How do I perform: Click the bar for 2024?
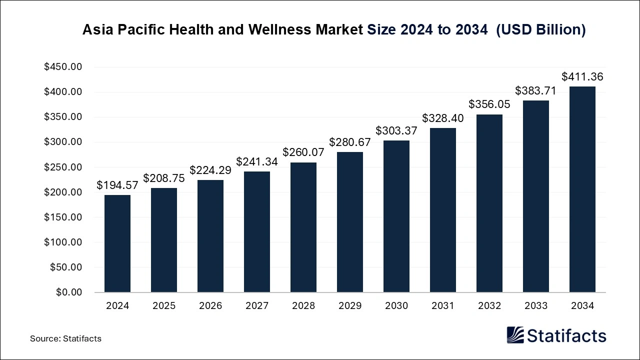pyautogui.click(x=117, y=243)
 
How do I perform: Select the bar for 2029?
pyautogui.click(x=350, y=222)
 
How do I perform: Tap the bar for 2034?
pyautogui.click(x=582, y=189)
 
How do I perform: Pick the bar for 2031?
pyautogui.click(x=443, y=210)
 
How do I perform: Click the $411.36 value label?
pyautogui.click(x=582, y=77)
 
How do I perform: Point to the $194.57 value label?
pyautogui.click(x=117, y=185)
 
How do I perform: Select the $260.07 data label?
pyautogui.click(x=303, y=152)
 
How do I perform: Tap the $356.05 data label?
pyautogui.click(x=489, y=104)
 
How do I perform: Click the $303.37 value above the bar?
pyautogui.click(x=396, y=131)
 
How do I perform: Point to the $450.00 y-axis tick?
pyautogui.click(x=63, y=67)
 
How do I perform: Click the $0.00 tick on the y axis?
pyautogui.click(x=68, y=292)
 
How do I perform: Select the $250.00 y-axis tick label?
pyautogui.click(x=63, y=167)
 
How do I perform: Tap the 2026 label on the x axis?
pyautogui.click(x=210, y=306)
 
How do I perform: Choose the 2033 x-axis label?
pyautogui.click(x=536, y=306)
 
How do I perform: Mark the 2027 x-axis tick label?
pyautogui.click(x=257, y=306)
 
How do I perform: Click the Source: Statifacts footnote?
pyautogui.click(x=65, y=338)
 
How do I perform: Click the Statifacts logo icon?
pyautogui.click(x=515, y=335)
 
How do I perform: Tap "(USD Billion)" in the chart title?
pyautogui.click(x=540, y=30)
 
